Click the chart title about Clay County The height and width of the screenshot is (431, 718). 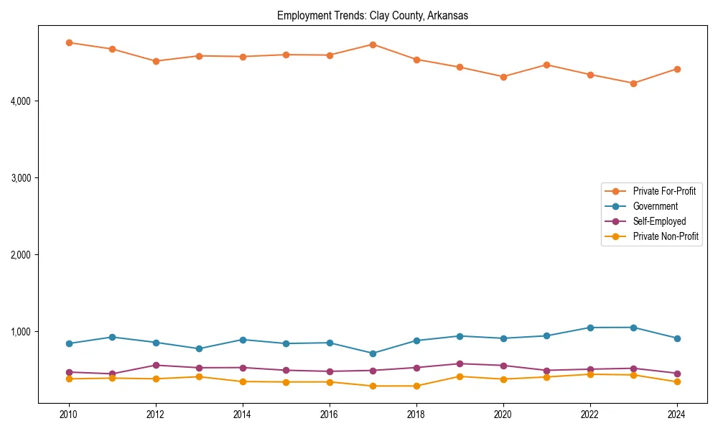click(373, 16)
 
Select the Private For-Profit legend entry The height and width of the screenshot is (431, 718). click(664, 191)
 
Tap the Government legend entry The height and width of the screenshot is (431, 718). click(655, 206)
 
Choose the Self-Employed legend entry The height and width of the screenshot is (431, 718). click(659, 221)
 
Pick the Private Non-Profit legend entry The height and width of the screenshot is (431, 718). click(666, 236)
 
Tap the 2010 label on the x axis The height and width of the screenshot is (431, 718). click(69, 414)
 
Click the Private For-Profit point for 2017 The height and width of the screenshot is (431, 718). click(373, 45)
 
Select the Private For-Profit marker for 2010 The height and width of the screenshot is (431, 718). click(69, 42)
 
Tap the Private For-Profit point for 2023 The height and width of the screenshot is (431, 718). click(633, 83)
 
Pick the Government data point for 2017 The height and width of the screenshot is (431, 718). click(373, 353)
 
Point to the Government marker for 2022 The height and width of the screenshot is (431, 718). click(590, 328)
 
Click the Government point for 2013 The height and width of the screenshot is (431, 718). click(199, 348)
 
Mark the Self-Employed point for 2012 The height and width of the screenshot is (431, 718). click(156, 365)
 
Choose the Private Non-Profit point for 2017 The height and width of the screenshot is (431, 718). click(373, 386)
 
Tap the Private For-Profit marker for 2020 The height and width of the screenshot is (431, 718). click(503, 77)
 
